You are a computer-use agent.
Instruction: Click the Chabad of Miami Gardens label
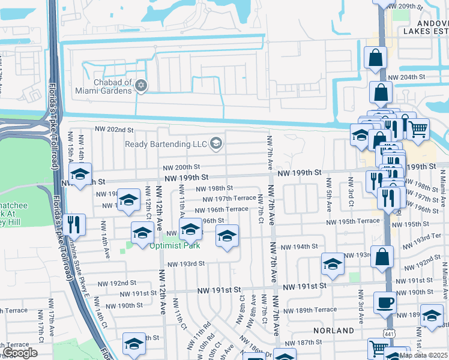click(103, 86)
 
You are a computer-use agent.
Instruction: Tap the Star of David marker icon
click(142, 85)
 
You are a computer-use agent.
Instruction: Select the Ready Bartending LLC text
click(165, 144)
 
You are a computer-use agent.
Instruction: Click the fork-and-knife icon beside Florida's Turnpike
click(74, 224)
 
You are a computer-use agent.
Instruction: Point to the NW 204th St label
click(406, 77)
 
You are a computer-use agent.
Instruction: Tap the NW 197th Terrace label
click(229, 199)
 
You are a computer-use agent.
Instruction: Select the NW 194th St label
click(298, 247)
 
